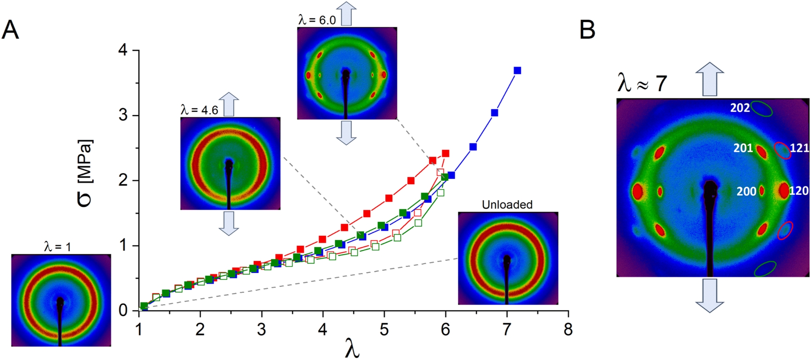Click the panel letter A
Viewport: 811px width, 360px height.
(x=10, y=30)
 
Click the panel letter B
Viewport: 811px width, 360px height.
(x=587, y=30)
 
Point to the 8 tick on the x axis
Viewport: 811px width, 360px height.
(x=568, y=329)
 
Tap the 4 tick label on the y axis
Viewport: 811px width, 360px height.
(x=123, y=51)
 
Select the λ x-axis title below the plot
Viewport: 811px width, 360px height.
(x=352, y=349)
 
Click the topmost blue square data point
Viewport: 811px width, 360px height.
(x=517, y=71)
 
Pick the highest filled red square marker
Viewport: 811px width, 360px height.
(x=445, y=153)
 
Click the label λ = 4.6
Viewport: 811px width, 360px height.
(x=199, y=110)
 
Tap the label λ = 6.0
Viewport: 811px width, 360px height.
(x=317, y=20)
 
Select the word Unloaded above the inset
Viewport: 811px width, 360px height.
(x=507, y=205)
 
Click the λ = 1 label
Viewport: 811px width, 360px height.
(x=57, y=246)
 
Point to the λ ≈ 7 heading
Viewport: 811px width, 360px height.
(x=642, y=82)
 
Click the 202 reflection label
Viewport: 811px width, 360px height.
(x=740, y=108)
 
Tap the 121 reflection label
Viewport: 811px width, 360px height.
(x=799, y=148)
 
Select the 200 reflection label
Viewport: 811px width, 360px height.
(x=746, y=191)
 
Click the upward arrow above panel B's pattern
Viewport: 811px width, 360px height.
(x=710, y=79)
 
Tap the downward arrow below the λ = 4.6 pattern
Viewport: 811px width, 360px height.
(x=229, y=223)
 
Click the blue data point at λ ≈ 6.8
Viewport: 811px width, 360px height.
(x=494, y=113)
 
